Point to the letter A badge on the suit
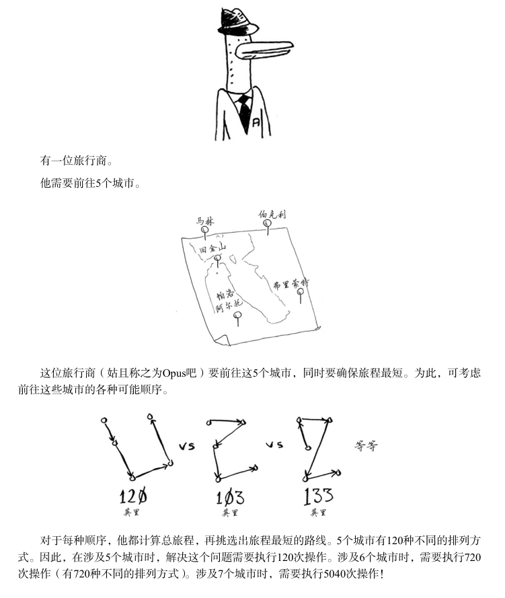click(257, 122)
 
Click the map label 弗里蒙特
click(290, 285)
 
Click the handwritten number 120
click(133, 498)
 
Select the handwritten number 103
click(229, 498)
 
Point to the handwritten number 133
click(318, 497)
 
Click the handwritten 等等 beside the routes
click(366, 445)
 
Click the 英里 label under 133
click(318, 513)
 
